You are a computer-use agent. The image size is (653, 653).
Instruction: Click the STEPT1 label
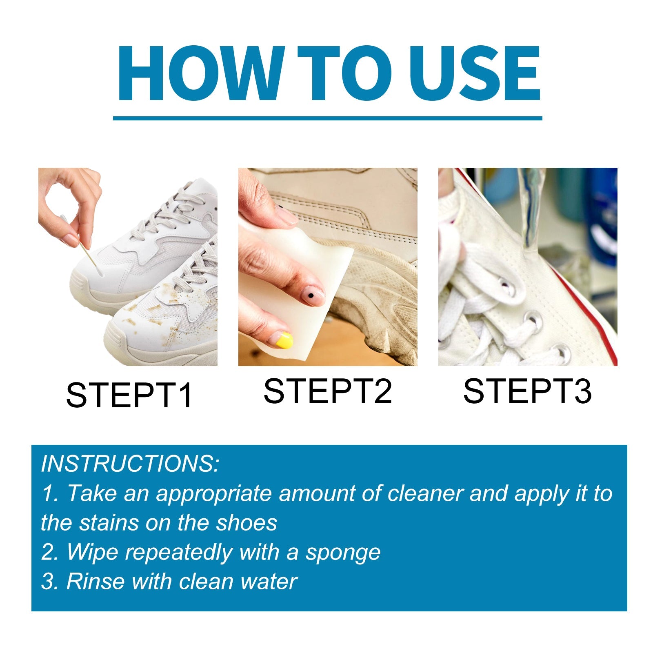click(129, 395)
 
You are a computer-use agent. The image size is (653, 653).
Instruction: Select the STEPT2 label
click(328, 391)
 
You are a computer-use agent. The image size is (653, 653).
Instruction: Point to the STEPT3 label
click(527, 391)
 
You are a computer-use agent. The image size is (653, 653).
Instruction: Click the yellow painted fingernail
click(284, 340)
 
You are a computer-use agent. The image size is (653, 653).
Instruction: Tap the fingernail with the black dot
click(312, 295)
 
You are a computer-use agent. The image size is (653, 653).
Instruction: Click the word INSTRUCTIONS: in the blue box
click(130, 464)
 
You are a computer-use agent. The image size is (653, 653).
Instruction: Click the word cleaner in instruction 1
click(425, 493)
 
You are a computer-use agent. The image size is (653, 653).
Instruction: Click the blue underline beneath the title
click(327, 118)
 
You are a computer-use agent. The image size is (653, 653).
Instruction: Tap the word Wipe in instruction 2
click(92, 552)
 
